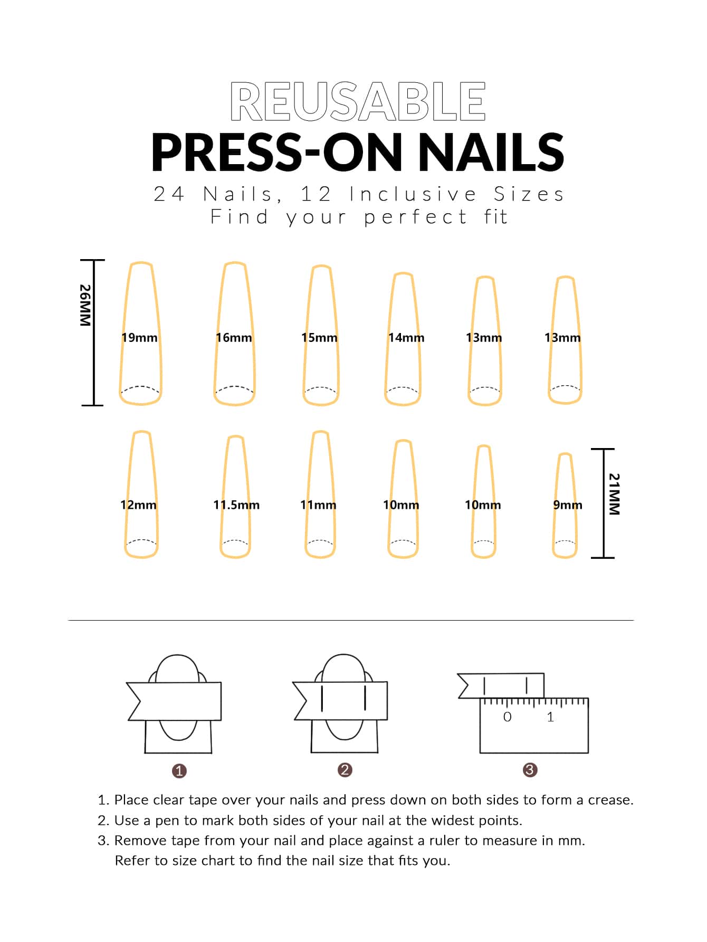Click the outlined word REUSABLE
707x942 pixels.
358,102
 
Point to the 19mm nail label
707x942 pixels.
139,338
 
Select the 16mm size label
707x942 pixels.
234,338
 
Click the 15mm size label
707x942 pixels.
319,338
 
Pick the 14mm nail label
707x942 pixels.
406,338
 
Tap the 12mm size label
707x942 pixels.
138,505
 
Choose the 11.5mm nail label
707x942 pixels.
236,505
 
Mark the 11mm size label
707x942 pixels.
318,505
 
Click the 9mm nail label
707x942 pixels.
568,505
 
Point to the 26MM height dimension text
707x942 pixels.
85,306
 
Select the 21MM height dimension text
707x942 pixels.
614,494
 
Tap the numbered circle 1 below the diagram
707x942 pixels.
179,771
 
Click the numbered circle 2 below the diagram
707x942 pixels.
345,770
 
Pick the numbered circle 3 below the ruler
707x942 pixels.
530,770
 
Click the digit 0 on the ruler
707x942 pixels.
508,717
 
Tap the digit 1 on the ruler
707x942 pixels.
550,717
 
